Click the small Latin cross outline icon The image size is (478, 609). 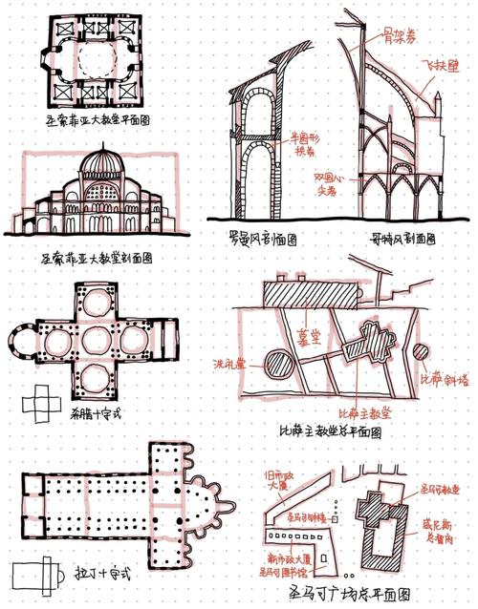[x=33, y=576]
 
